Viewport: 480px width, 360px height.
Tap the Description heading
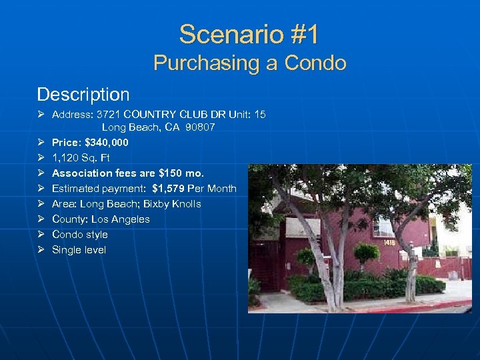coord(83,94)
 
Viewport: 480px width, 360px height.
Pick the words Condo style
coord(80,234)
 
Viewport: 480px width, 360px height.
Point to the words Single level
coord(79,249)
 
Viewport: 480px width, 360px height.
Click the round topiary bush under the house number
coord(366,253)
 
